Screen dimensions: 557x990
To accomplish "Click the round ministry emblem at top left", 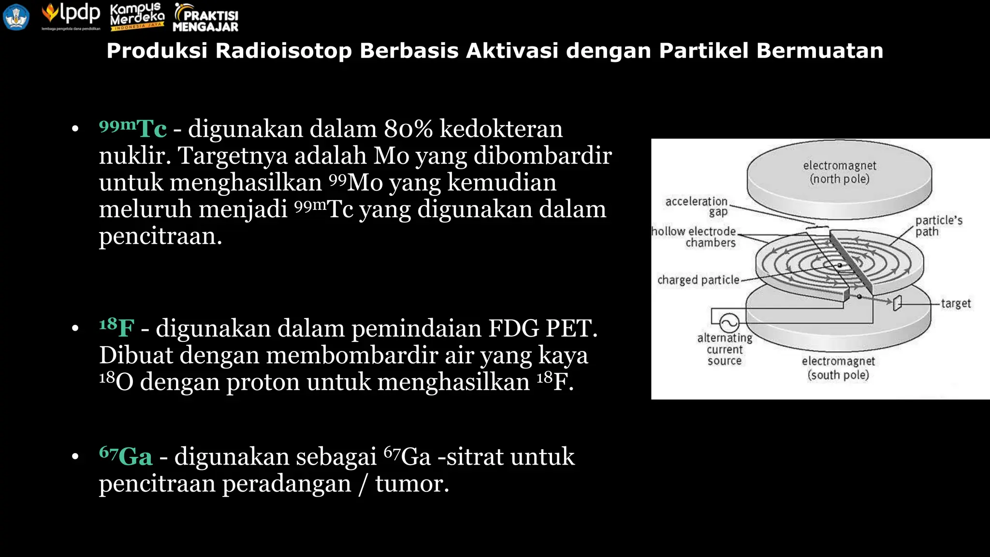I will pos(16,17).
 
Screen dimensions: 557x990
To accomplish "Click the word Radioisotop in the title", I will pos(283,51).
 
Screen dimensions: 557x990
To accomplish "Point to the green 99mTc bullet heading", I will pos(133,129).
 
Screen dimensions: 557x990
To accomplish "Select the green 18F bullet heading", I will pos(116,327).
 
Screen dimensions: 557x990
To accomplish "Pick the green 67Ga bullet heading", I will pos(126,456).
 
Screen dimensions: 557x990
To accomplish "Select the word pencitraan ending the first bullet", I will pos(160,236).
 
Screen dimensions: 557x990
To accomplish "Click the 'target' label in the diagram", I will pos(955,304).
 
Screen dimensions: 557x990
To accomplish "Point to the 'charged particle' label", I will pos(698,280).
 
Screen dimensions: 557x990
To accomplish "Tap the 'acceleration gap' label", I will pos(697,206).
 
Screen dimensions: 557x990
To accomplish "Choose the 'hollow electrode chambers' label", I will pos(694,237).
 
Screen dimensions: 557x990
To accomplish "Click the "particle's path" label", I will pos(938,226).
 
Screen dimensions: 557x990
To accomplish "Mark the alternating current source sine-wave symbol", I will pos(729,322).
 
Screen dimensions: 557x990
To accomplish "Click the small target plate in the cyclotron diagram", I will pos(897,303).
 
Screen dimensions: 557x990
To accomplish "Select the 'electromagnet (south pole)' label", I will pos(838,368).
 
